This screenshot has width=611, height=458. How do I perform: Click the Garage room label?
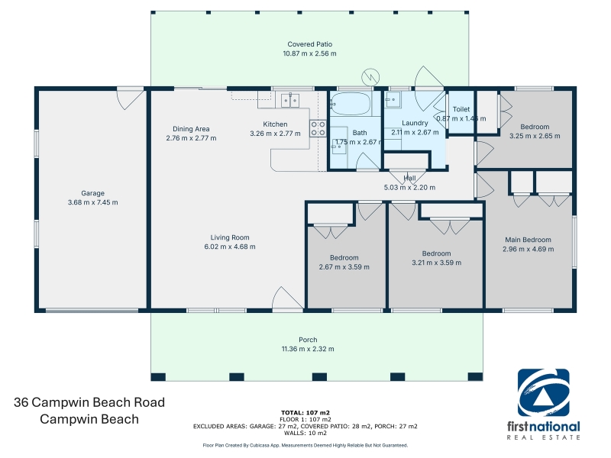tap(92, 193)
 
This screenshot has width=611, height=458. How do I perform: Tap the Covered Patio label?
tap(310, 44)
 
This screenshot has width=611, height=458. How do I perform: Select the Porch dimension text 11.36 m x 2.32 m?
tap(308, 349)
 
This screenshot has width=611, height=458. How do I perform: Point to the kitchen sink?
tap(289, 100)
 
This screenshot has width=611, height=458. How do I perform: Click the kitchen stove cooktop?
tap(318, 128)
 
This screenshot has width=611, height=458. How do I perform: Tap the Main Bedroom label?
tap(528, 240)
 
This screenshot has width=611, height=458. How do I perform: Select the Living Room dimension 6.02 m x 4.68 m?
tap(230, 247)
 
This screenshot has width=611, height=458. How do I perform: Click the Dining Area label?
tap(191, 129)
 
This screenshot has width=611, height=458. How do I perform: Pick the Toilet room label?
tap(461, 109)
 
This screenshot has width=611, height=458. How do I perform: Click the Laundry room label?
tap(415, 123)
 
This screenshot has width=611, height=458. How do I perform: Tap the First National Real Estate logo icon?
tap(543, 393)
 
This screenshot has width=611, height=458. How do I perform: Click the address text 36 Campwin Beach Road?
tap(89, 402)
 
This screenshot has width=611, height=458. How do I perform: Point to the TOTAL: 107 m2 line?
tap(305, 413)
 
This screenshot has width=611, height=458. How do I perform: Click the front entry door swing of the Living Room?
tap(288, 299)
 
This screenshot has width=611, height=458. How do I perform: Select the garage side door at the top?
tap(131, 100)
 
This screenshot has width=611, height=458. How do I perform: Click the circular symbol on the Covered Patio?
tap(370, 77)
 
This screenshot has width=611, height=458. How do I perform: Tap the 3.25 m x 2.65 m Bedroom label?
tap(535, 127)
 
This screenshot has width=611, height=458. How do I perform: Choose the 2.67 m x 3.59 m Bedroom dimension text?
tap(344, 267)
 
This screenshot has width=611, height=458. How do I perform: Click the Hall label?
tap(409, 179)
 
